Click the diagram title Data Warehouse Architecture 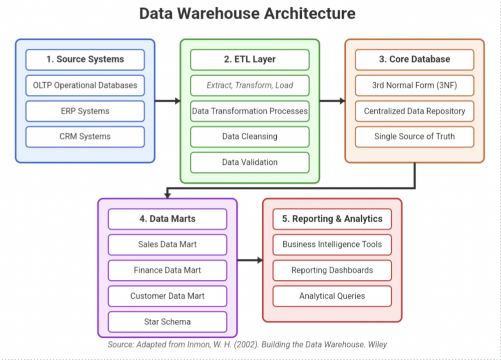point(247,13)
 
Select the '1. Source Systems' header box point(85,60)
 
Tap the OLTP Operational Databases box point(85,85)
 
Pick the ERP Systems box point(85,111)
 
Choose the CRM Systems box point(85,136)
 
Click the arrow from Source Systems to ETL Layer point(167,101)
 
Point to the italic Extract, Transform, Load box point(250,85)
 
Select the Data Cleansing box point(250,136)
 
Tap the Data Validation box point(250,162)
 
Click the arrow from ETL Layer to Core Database point(332,101)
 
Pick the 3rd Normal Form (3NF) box point(414,85)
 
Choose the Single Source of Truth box point(414,136)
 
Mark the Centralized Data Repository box point(414,111)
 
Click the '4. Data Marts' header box point(167,219)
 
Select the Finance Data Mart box point(167,270)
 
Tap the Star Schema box point(167,321)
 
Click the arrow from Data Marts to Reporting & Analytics point(250,260)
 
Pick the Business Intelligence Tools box point(332,245)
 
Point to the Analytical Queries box point(332,296)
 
